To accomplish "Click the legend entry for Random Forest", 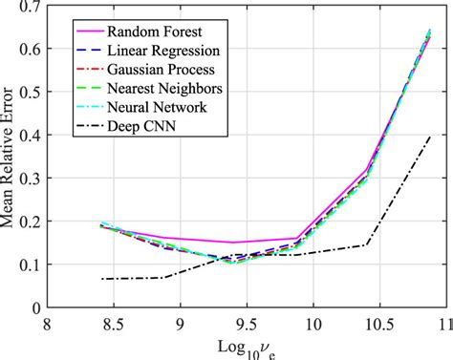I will pyautogui.click(x=152, y=31).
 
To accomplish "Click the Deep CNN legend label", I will pyautogui.click(x=141, y=126).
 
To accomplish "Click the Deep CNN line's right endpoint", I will pyautogui.click(x=430, y=137).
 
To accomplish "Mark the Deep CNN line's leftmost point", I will pyautogui.click(x=101, y=279).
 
